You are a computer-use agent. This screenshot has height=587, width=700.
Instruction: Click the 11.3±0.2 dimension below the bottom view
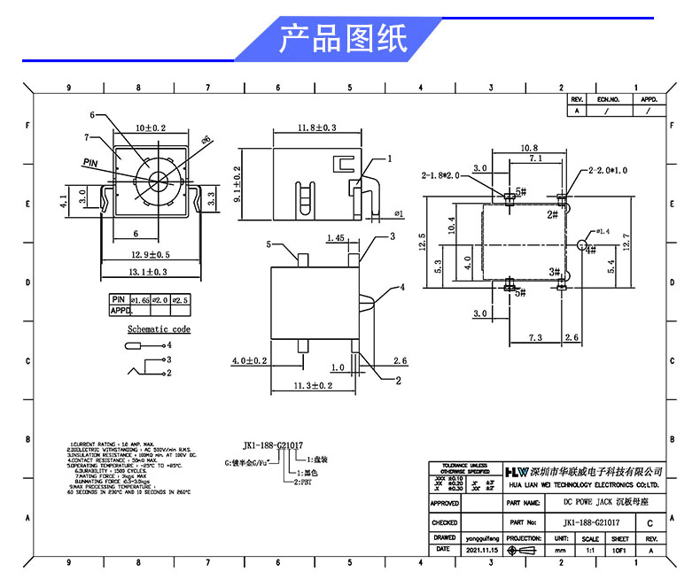click(x=313, y=385)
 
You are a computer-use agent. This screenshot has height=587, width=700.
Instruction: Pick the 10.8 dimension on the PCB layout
click(x=529, y=148)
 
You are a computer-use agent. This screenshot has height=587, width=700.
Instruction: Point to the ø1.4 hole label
click(x=603, y=232)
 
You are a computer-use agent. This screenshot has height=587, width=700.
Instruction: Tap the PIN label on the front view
click(x=90, y=163)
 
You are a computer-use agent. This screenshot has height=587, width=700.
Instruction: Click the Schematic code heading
click(x=159, y=329)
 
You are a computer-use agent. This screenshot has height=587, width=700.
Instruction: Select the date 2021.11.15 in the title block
click(x=482, y=550)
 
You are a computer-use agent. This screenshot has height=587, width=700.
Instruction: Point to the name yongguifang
click(x=482, y=537)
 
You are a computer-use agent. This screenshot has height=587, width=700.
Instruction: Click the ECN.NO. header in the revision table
click(x=608, y=100)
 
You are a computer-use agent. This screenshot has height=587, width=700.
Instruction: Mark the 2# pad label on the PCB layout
click(x=551, y=214)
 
